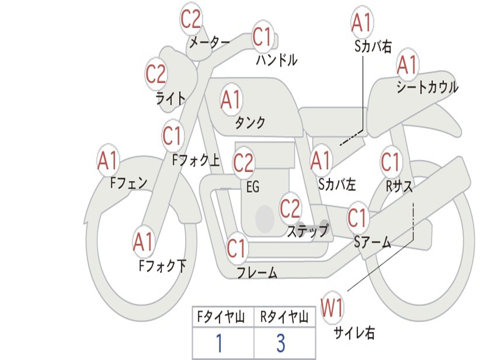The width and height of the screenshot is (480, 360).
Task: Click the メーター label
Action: coord(209,43)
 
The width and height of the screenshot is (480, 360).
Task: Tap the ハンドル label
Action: coord(277,60)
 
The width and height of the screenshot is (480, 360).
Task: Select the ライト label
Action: coord(170,98)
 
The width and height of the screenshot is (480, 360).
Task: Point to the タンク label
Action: coord(250,122)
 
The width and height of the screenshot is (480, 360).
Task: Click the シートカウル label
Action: coord(427,88)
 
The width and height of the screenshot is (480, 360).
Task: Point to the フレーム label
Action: coord(257,272)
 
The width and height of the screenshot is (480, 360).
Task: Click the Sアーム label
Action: coord(372,242)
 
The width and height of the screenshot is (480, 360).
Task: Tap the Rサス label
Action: coord(399,186)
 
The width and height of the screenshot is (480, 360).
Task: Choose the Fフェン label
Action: coord(129,182)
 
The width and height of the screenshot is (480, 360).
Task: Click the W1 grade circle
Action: coord(332,308)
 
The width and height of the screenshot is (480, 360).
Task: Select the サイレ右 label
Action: coord(354,333)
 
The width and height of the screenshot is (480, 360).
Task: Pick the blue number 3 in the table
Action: coord(281,344)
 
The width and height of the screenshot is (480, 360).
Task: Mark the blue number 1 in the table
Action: coord(219,344)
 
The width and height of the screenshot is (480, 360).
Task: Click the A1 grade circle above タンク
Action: coord(231,99)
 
